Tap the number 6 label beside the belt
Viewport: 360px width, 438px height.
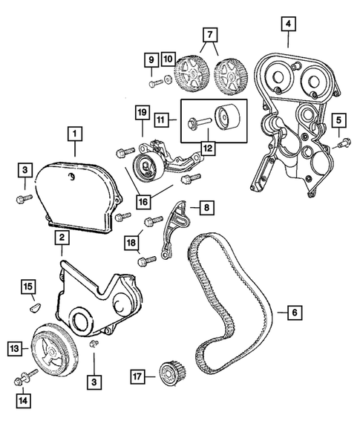coord(294,313)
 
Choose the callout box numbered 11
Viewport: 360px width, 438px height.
coord(161,118)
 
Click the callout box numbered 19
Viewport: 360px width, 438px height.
coord(142,114)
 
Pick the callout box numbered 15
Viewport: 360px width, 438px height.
coord(27,287)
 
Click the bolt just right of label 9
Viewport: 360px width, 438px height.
coord(154,84)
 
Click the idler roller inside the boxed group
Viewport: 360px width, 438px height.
coord(225,118)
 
